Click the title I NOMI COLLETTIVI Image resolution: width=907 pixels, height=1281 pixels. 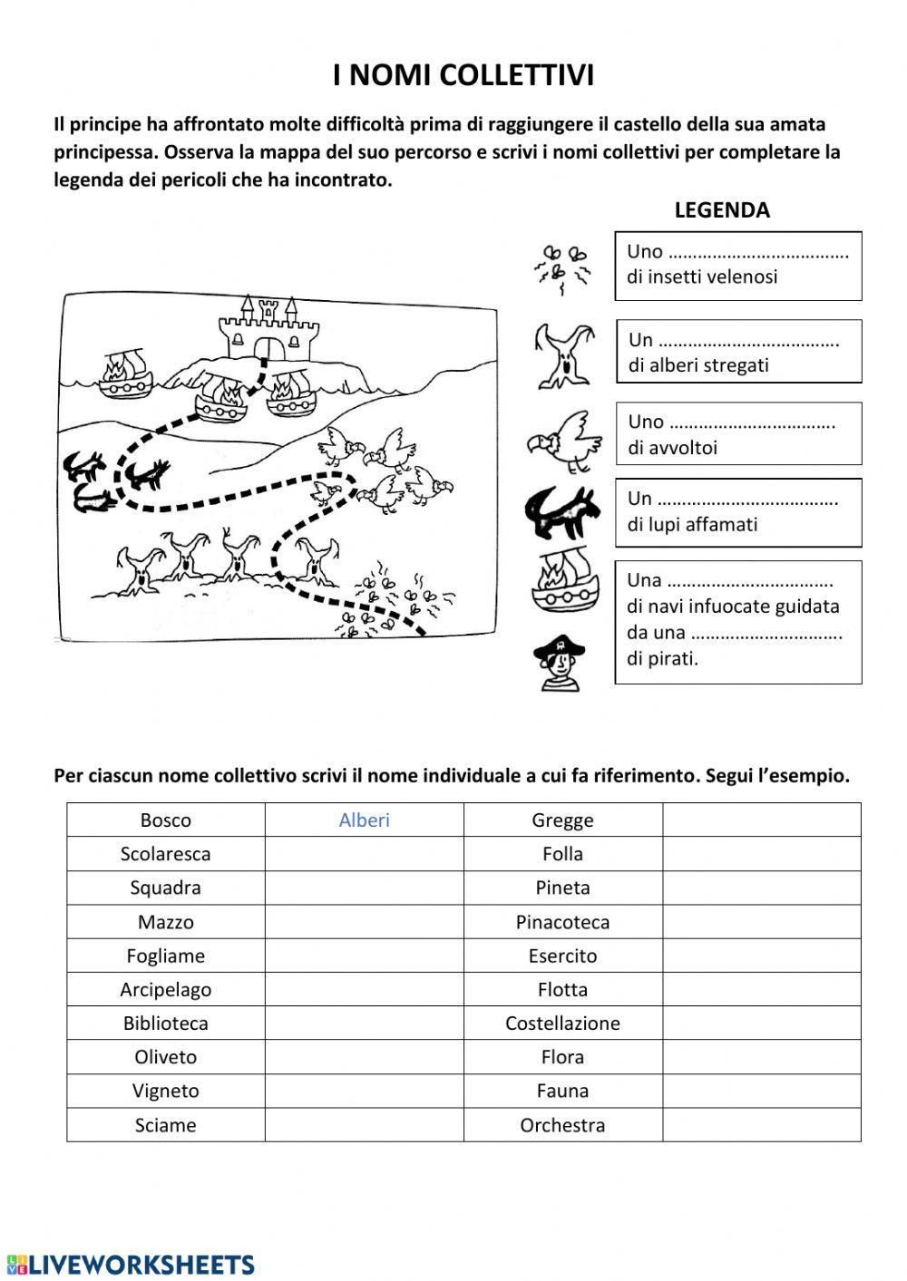click(463, 76)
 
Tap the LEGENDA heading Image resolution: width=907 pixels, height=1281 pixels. click(721, 210)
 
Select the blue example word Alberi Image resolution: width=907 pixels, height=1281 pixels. click(364, 820)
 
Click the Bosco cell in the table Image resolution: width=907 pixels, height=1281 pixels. click(166, 820)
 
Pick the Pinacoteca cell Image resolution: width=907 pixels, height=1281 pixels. click(562, 922)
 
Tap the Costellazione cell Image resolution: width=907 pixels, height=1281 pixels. click(562, 1024)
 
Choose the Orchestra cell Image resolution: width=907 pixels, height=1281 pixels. click(562, 1125)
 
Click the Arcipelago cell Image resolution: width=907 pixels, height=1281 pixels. click(166, 990)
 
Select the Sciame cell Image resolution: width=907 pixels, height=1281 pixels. click(166, 1125)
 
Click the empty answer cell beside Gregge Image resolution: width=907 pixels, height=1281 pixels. click(761, 820)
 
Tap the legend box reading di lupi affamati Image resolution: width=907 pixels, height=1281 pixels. click(738, 512)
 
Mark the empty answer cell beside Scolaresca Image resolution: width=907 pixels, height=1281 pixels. click(364, 854)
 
